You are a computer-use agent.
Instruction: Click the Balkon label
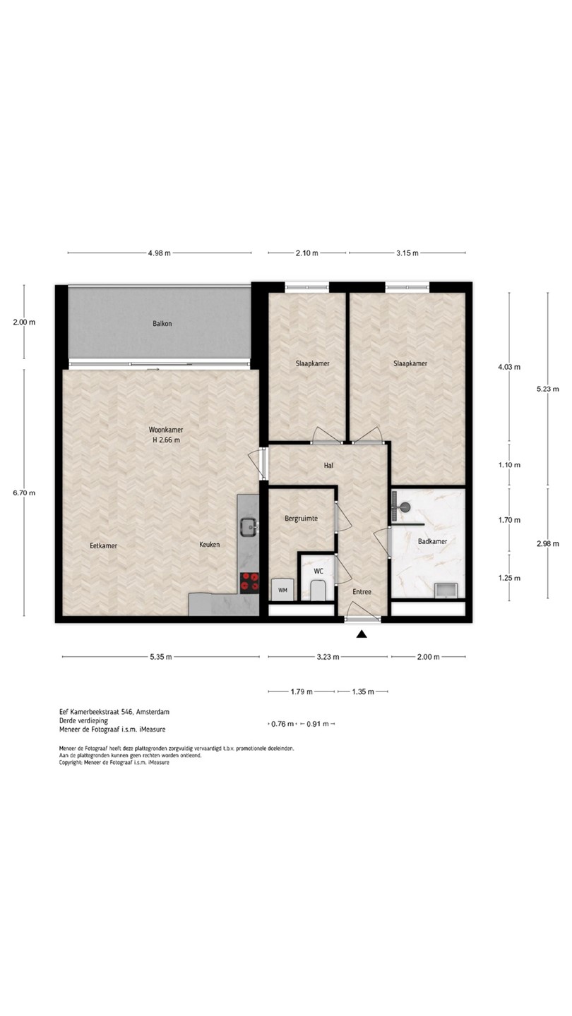[162, 323]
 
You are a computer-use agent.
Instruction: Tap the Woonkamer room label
[166, 430]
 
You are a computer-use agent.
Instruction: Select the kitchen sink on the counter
[249, 528]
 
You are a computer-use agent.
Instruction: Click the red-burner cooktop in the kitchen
[249, 582]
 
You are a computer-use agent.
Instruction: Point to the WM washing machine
[282, 590]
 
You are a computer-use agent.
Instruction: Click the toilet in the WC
[318, 590]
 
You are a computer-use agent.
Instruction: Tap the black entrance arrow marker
[362, 634]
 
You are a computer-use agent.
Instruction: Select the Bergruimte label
[301, 519]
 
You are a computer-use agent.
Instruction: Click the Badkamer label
[432, 541]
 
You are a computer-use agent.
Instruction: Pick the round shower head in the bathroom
[405, 506]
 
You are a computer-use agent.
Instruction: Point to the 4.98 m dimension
[160, 253]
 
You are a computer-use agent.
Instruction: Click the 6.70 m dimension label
[24, 493]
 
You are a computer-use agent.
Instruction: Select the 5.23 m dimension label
[548, 389]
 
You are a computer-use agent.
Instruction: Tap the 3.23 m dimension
[328, 657]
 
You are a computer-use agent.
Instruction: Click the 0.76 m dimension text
[282, 724]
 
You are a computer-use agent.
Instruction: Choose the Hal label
[328, 465]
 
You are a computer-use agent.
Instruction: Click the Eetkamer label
[104, 545]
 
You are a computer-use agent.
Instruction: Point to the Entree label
[362, 591]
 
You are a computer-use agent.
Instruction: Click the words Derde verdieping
[83, 720]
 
